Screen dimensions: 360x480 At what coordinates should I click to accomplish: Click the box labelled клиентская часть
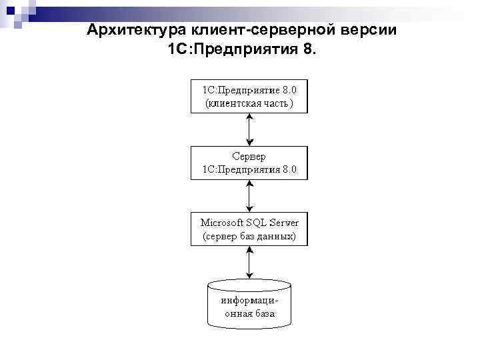point(249,97)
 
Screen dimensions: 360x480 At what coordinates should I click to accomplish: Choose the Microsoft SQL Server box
point(249,229)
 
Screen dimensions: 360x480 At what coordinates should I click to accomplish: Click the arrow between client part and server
point(249,130)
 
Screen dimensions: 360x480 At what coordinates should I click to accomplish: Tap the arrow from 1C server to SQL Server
point(249,196)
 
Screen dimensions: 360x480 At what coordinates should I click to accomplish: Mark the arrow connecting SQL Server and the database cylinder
point(249,262)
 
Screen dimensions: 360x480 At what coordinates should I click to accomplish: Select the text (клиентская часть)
point(248,104)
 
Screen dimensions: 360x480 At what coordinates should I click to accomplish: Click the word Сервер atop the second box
point(249,157)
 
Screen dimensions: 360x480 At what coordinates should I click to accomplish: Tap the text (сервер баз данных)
point(249,236)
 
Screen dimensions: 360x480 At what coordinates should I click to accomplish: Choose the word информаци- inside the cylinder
point(249,300)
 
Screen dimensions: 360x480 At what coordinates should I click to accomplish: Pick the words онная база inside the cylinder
point(249,314)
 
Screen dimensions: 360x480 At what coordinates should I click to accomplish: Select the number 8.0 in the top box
point(293,89)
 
